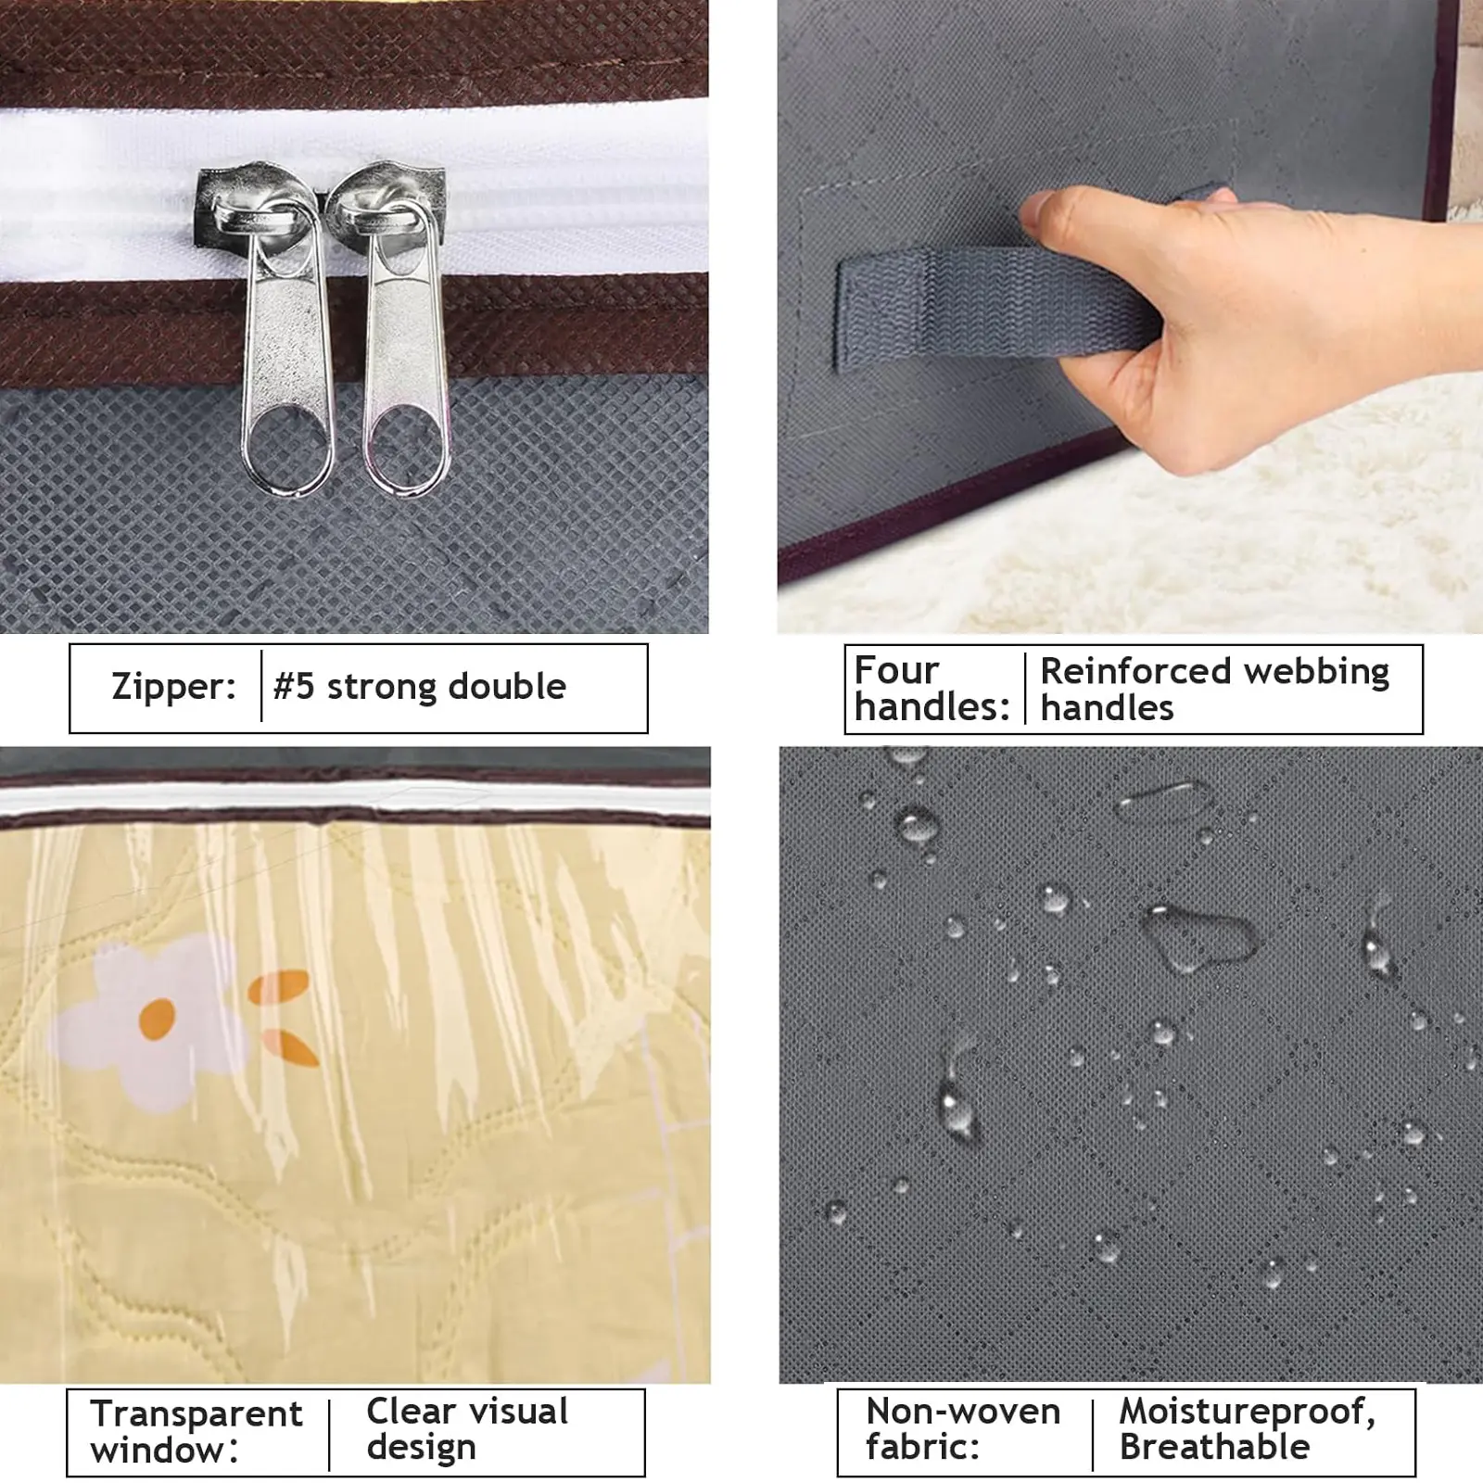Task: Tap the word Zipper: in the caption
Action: point(173,687)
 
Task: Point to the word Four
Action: point(896,670)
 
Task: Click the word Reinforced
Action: point(1134,670)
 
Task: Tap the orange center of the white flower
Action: point(157,1020)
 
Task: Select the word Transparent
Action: point(196,1414)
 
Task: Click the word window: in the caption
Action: point(165,1451)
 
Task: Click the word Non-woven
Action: point(963,1412)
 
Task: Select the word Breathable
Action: point(1214,1447)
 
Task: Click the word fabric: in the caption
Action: point(922,1447)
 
